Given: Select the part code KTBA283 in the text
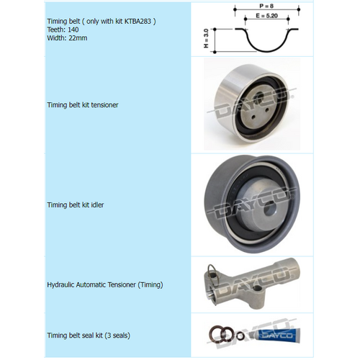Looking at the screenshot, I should tap(138, 22).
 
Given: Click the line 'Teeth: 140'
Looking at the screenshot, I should tap(63, 30).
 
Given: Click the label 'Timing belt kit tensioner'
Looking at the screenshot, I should tap(82, 105).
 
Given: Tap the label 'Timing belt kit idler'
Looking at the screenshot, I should tap(75, 204).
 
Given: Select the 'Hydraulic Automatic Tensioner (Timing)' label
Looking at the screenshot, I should tap(104, 284).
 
